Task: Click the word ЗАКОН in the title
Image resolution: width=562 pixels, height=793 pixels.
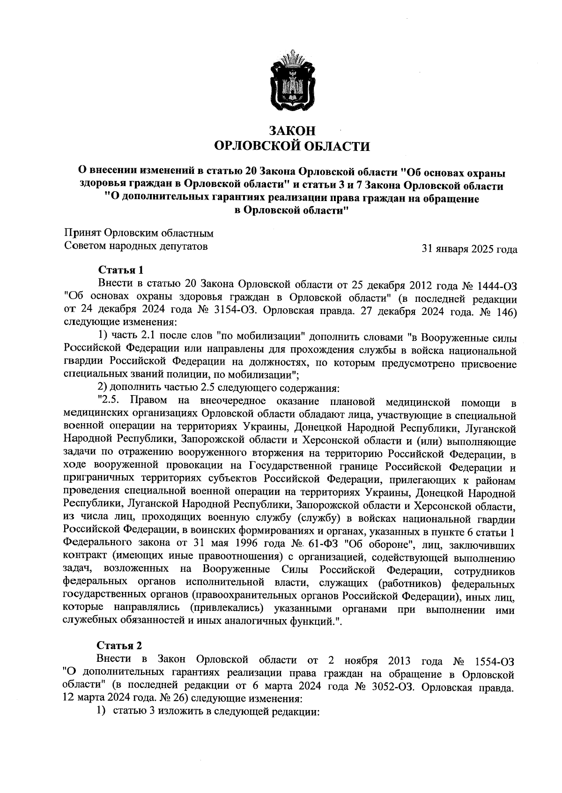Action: [x=291, y=131]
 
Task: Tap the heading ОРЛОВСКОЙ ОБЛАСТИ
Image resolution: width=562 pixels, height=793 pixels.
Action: [x=291, y=147]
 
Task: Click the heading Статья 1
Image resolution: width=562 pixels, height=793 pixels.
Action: [x=120, y=270]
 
